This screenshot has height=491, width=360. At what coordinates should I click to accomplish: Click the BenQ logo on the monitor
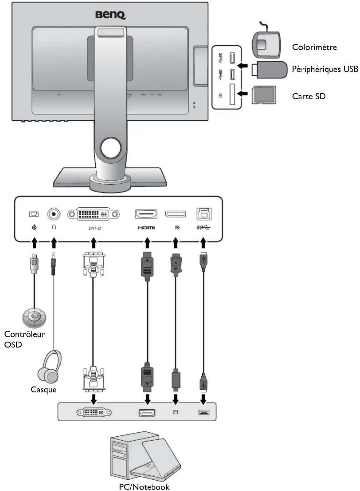point(111,15)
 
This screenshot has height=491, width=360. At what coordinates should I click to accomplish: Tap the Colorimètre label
point(314,47)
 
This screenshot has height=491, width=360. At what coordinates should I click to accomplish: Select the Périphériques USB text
point(325,69)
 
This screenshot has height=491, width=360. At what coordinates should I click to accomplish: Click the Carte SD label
point(309,96)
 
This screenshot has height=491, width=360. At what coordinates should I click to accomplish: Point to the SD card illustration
point(264,95)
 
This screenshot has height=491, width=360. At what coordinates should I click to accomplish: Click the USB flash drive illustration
point(269,70)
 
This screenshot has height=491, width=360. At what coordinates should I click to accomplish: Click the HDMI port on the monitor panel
point(146,214)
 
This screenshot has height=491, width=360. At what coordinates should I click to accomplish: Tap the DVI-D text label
point(94,228)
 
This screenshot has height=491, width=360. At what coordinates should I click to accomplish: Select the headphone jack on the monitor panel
point(54,214)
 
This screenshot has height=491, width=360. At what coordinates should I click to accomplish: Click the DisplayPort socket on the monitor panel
point(175,214)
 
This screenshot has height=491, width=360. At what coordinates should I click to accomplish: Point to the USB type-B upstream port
point(204,214)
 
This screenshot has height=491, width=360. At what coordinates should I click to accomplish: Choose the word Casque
point(43,389)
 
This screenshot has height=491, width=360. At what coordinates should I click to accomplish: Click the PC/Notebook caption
point(144,487)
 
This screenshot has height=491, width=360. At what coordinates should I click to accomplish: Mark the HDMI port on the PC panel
point(147,413)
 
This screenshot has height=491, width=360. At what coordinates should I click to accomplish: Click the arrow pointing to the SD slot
point(243,94)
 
